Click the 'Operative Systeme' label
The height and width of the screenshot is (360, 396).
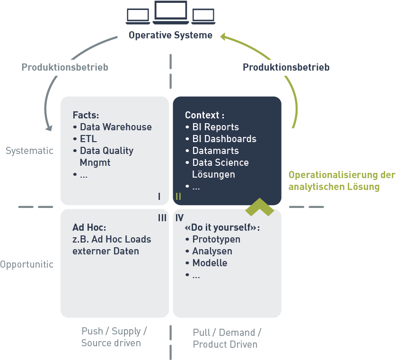coord(170,36)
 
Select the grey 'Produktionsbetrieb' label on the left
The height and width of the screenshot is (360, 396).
coord(65,67)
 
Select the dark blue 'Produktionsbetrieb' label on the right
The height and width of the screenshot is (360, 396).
coord(286,67)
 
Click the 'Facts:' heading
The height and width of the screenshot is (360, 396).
coord(86,115)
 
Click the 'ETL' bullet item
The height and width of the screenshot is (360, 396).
coord(88,139)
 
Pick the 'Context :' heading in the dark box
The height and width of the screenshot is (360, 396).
coord(204,115)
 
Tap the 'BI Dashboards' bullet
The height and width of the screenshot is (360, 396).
coord(224,139)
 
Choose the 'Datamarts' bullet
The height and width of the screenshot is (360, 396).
coord(215,151)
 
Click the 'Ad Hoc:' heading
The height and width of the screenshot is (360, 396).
coord(89,227)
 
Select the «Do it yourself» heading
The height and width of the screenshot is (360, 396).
coord(222,227)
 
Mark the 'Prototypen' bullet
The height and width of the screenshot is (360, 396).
coord(216,239)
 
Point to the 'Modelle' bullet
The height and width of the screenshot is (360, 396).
coord(210,263)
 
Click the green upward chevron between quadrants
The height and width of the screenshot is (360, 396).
coord(260,206)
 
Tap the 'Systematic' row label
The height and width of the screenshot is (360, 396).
coord(29,151)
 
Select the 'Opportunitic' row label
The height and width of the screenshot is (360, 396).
coord(27,264)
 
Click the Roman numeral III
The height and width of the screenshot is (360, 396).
coord(162,218)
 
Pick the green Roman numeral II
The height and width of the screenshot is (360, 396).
coord(178,196)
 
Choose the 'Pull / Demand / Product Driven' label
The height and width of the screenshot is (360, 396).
coord(227,339)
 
